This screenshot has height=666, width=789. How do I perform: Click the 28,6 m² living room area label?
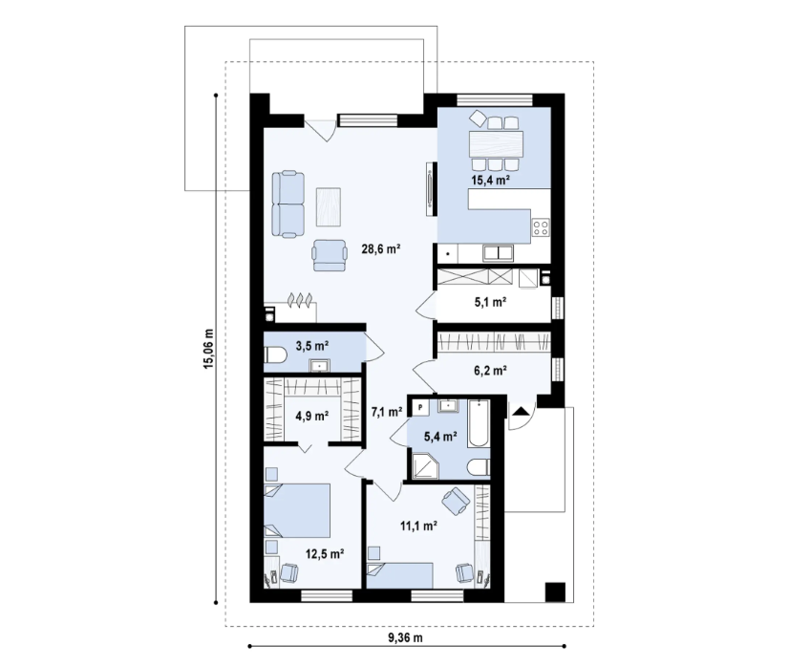[379, 248]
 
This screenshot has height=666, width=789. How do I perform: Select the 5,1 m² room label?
[491, 301]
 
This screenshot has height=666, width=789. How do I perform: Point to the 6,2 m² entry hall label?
[491, 368]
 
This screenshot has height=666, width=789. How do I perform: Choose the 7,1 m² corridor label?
[386, 412]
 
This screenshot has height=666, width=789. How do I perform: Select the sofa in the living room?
[288, 203]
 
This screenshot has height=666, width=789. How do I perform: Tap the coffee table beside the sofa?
[330, 203]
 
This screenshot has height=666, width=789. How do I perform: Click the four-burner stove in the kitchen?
[541, 227]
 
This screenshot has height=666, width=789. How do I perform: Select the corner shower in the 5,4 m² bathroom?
[423, 463]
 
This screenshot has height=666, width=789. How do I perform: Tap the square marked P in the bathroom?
[418, 405]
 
